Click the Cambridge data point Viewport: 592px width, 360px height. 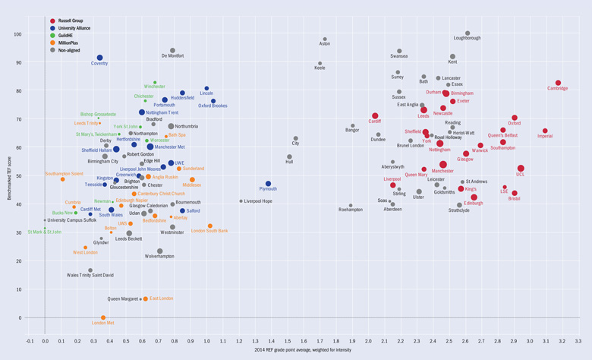coord(558,83)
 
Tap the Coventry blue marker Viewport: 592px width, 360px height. coord(99,58)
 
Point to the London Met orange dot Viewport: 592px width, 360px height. coord(103,317)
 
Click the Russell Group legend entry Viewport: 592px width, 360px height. coord(68,21)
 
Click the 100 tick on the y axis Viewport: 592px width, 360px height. coord(17,34)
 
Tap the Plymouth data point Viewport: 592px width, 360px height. coord(268,184)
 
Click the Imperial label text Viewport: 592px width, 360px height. coord(545,137)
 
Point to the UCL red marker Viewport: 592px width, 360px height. coord(521,169)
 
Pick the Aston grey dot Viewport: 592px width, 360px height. coord(325,39)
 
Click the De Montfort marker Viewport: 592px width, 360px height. coord(172,51)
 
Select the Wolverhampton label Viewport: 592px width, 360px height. coord(159,257)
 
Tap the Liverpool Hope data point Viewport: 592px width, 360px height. coord(241,201)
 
